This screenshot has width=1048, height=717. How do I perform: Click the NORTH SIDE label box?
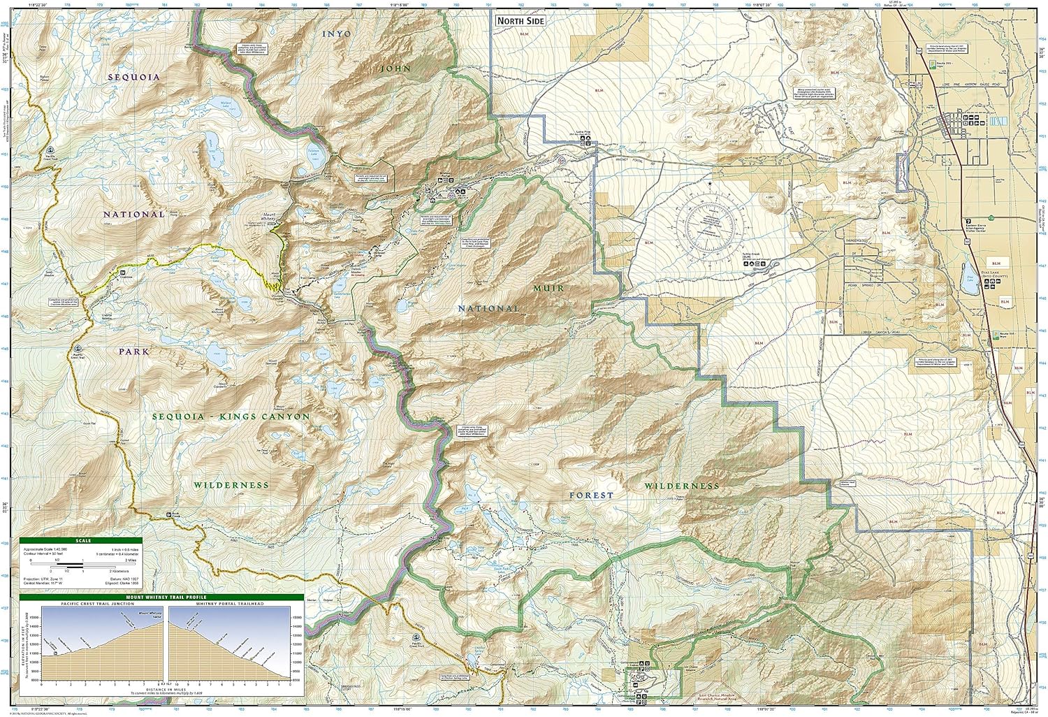click(x=520, y=21)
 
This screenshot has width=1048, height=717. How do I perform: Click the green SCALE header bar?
click(x=80, y=540)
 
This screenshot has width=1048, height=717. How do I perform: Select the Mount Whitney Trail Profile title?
click(x=162, y=597)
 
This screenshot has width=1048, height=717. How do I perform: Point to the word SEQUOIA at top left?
click(x=134, y=77)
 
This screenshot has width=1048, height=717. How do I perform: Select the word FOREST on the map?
click(x=591, y=495)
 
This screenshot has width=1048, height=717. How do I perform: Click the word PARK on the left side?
click(x=133, y=352)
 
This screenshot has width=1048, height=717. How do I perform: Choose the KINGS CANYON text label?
click(x=264, y=416)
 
